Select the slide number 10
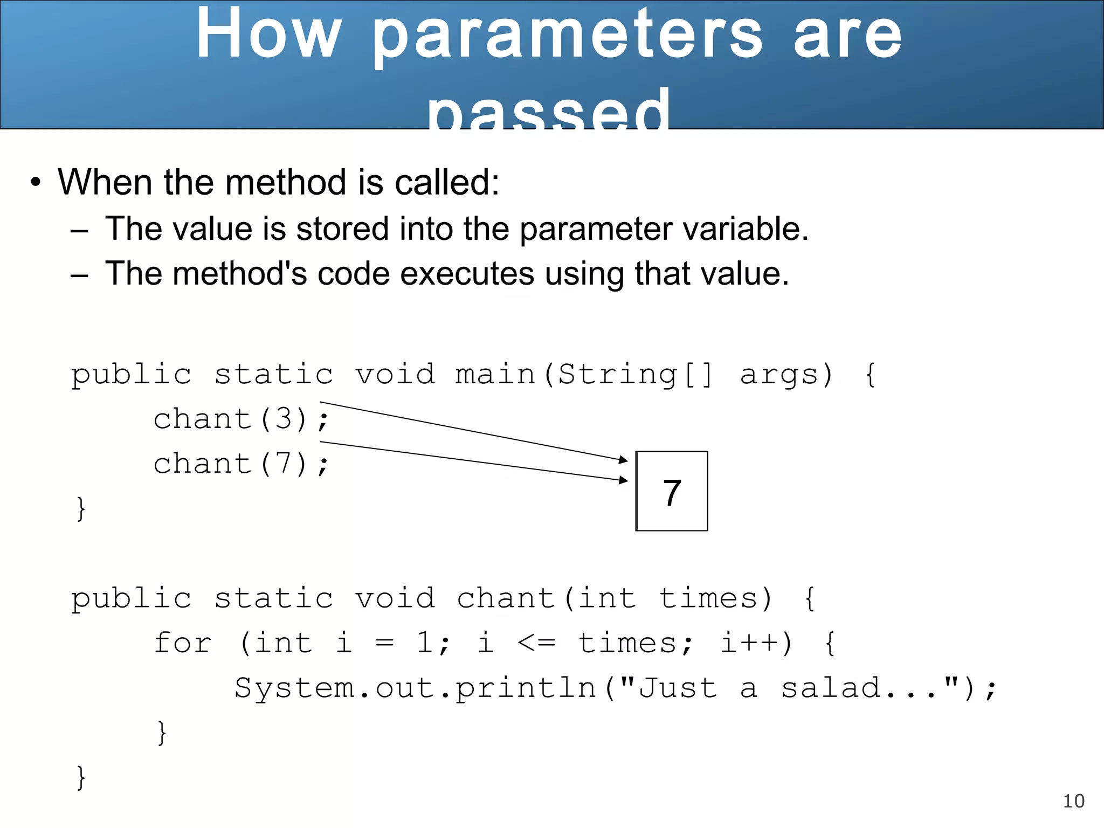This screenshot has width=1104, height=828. pyautogui.click(x=1073, y=801)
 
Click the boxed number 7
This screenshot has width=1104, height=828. pyautogui.click(x=672, y=492)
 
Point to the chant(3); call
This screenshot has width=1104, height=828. pyautogui.click(x=240, y=419)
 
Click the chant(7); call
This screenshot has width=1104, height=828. pyautogui.click(x=240, y=464)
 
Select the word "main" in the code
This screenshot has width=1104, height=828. pyautogui.click(x=495, y=375)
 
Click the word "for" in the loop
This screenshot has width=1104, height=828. pyautogui.click(x=183, y=643)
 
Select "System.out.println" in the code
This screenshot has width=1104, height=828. pyautogui.click(x=415, y=688)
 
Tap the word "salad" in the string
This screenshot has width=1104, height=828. pyautogui.click(x=830, y=688)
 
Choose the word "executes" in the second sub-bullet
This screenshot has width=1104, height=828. pyautogui.click(x=467, y=273)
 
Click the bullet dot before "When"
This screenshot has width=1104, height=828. pyautogui.click(x=36, y=183)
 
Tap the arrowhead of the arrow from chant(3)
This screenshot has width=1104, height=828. pyautogui.click(x=624, y=460)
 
